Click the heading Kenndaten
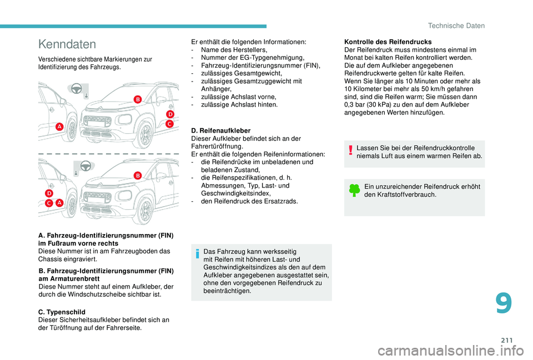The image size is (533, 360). tap(66, 44)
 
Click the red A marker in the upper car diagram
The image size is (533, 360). tap(59, 127)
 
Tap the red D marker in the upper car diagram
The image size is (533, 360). tap(170, 114)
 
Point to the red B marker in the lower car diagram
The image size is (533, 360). tap(137, 175)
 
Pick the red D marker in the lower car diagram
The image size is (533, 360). tap(49, 193)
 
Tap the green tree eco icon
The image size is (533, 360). tap(353, 191)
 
